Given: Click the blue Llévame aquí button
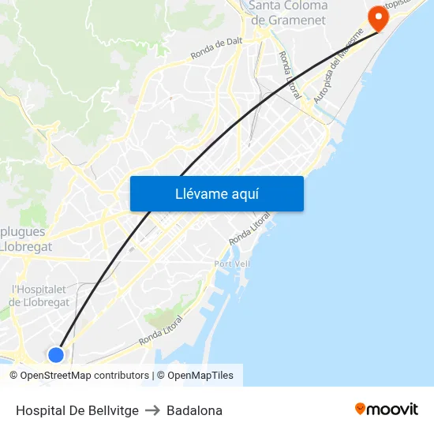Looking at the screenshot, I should click(216, 193).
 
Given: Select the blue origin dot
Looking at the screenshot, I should click(56, 355).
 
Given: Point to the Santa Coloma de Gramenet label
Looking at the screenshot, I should click(287, 13).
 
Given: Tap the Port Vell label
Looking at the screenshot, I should click(232, 264).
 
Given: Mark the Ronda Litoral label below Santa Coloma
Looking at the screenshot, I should click(289, 75).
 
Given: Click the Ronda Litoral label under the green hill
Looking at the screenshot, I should click(160, 331).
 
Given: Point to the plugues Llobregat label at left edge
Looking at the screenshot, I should click(25, 239).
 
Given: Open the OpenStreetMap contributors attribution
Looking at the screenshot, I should click(84, 376).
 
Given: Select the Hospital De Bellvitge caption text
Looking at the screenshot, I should click(77, 410).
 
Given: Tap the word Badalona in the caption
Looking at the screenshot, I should click(194, 410).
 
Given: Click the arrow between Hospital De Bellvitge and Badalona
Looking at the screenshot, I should click(152, 410).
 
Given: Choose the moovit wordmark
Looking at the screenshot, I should click(392, 410).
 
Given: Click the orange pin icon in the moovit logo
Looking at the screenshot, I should click(361, 409).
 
